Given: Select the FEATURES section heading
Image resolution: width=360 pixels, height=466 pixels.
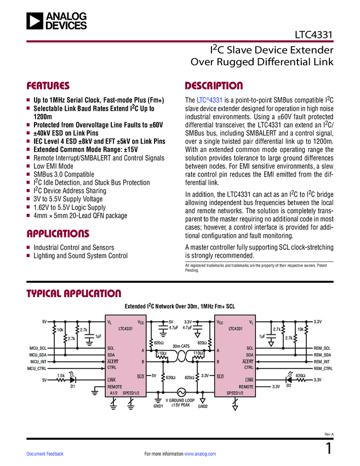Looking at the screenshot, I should click(48, 86).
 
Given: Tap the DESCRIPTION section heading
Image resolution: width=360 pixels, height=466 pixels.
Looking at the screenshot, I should click(214, 86).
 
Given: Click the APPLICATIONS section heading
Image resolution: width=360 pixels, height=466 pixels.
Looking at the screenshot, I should click(58, 234).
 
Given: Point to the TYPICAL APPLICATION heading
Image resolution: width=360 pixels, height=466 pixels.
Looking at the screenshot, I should click(74, 293).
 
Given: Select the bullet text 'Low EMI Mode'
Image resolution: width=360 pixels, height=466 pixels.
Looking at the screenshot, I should click(53, 166).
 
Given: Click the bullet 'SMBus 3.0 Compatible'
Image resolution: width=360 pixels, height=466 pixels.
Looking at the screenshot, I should click(64, 174).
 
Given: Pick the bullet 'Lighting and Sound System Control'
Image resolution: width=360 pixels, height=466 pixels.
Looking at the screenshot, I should click(80, 256).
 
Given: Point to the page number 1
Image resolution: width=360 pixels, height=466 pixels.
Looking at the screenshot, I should click(329, 449).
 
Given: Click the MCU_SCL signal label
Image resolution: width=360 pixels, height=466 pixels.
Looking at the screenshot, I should click(38, 348).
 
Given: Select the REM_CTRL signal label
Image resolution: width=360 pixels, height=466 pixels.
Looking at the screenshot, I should click(323, 368).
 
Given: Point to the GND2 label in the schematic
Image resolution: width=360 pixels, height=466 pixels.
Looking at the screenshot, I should click(203, 406).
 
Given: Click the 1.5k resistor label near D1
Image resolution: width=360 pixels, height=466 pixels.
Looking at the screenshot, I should click(61, 375).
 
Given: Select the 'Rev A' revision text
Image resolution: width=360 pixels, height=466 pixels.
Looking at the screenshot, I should click(329, 434).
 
